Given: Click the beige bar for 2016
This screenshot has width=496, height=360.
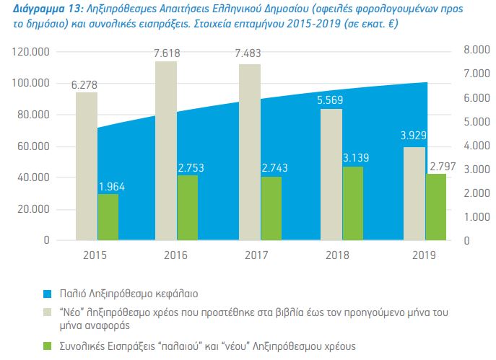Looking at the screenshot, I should [166, 151].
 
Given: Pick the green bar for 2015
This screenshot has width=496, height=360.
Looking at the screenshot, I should [108, 216].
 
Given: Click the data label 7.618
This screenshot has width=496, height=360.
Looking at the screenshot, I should [167, 53].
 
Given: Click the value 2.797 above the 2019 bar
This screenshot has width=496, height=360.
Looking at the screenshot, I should [443, 167].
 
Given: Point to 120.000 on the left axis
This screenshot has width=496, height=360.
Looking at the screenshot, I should [31, 52].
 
